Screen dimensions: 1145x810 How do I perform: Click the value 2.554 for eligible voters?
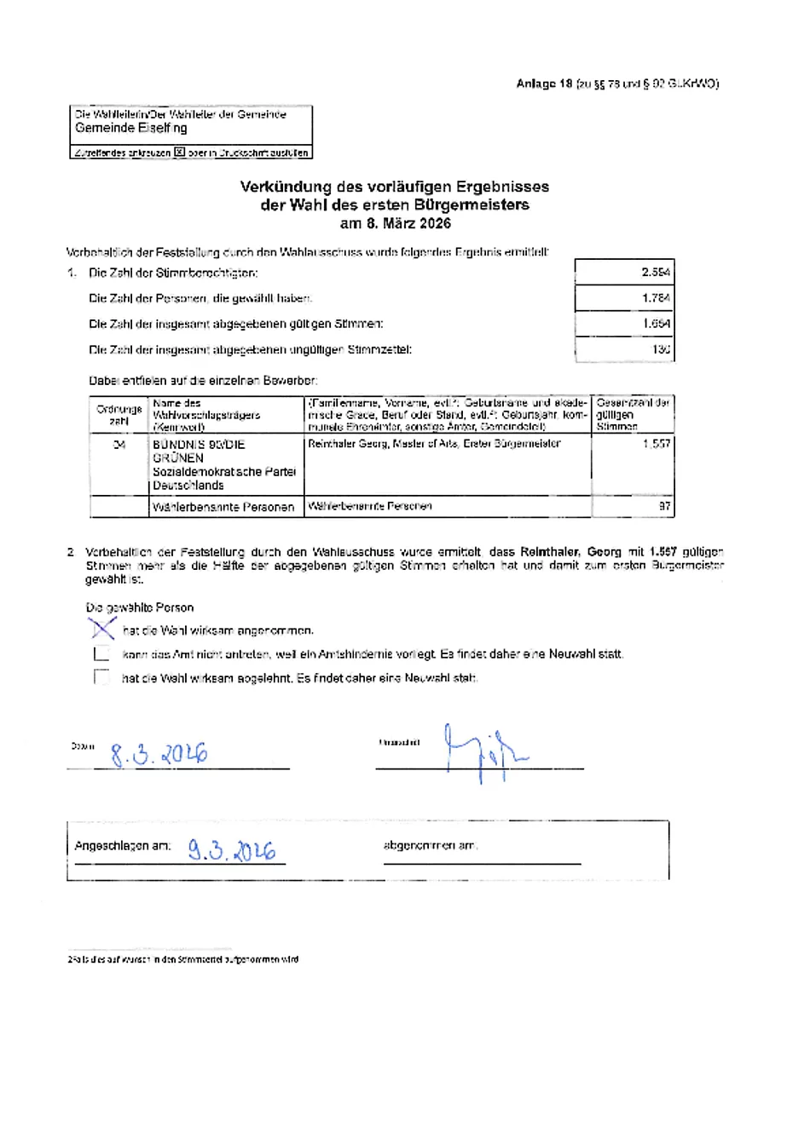(655, 273)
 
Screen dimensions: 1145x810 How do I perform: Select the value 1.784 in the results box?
(655, 298)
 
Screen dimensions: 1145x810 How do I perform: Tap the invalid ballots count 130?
(660, 349)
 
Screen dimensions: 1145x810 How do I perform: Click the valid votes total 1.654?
(656, 324)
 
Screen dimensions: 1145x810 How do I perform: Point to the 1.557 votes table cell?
(656, 444)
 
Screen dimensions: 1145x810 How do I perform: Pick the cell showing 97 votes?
(664, 506)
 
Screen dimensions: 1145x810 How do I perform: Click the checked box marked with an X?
(102, 630)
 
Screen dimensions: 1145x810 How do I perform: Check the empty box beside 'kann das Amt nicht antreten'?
(102, 654)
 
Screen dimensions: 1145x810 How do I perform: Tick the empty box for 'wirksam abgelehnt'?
(102, 678)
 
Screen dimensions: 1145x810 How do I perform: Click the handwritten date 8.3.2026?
(159, 754)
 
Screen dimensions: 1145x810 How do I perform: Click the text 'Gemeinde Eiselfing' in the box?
(130, 128)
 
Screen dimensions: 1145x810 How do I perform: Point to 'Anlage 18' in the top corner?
(544, 83)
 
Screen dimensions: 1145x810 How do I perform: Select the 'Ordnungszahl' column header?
(119, 415)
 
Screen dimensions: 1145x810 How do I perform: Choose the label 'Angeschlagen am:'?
(123, 846)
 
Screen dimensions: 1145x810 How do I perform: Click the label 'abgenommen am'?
(431, 846)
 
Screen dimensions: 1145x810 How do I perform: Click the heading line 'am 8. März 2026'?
(395, 224)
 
